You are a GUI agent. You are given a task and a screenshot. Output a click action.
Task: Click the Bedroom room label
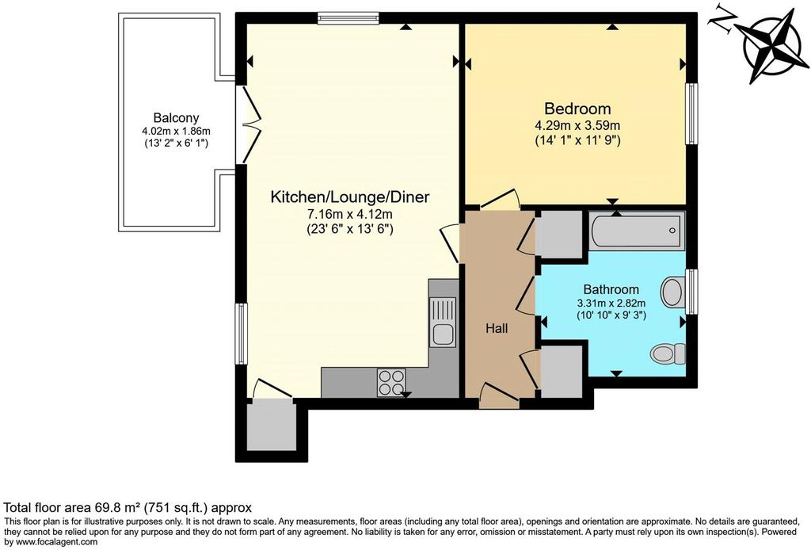[x=577, y=109]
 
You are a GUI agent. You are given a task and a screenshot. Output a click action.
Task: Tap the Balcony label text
[x=176, y=118]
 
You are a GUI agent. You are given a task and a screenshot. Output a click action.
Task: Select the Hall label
[x=497, y=328]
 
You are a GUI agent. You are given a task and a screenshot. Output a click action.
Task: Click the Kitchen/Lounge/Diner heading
[x=350, y=197]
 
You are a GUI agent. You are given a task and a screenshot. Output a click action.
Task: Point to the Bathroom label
[x=611, y=289]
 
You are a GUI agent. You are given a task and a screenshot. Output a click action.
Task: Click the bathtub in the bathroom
[x=638, y=231]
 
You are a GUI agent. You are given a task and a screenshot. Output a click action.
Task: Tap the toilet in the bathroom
[x=668, y=354]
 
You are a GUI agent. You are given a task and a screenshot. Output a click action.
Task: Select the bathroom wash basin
[x=673, y=292]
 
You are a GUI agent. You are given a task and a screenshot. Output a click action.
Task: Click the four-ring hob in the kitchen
[x=391, y=382]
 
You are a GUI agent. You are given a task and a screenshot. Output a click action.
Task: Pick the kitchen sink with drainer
[x=444, y=322]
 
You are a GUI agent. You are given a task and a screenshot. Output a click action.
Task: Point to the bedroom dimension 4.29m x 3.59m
[x=577, y=125]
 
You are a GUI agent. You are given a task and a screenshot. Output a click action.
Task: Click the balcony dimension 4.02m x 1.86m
[x=177, y=132]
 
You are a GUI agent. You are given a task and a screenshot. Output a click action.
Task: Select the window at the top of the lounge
[x=348, y=18]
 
